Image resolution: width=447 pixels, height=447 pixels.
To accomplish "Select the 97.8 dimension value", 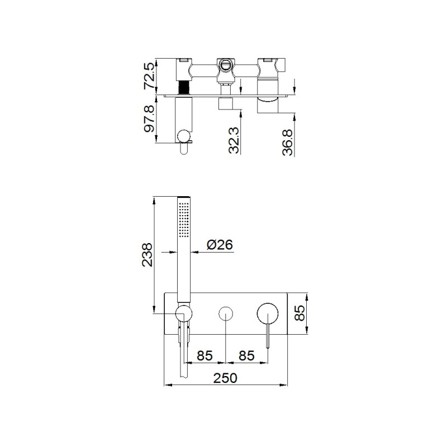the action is [x=150, y=118].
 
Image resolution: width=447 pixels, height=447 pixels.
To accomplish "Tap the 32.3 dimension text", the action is [x=234, y=140].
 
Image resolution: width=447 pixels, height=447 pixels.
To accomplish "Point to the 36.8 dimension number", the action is [x=287, y=142].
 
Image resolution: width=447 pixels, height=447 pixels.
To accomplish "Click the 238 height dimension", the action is [x=148, y=255].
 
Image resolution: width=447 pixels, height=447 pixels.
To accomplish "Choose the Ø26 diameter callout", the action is [x=219, y=245].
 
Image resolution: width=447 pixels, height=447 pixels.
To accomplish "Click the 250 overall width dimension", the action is [x=225, y=378].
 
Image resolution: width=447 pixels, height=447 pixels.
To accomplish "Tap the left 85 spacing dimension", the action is [x=205, y=355].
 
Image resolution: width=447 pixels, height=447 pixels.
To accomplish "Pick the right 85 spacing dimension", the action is [x=246, y=355].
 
